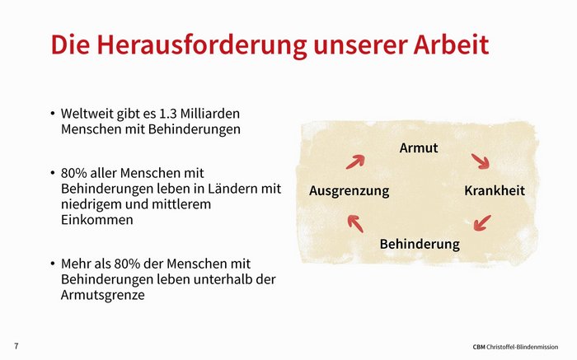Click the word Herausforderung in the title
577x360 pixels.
click(x=202, y=44)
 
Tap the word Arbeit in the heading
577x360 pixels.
click(x=451, y=44)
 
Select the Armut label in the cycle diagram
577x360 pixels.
click(x=419, y=147)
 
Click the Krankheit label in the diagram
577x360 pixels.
click(x=495, y=190)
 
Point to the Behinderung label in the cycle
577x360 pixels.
click(x=420, y=244)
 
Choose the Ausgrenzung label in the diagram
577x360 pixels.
click(x=349, y=191)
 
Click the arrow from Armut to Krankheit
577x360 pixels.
click(x=481, y=161)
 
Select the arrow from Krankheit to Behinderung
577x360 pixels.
click(x=482, y=223)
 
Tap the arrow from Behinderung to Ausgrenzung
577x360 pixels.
click(x=355, y=223)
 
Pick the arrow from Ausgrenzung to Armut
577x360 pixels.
click(x=355, y=161)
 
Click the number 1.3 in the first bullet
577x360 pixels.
click(x=166, y=114)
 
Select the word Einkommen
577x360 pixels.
click(x=96, y=220)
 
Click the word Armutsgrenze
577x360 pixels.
click(x=103, y=295)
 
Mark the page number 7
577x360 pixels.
click(x=16, y=346)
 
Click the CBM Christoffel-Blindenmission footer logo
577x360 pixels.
click(x=515, y=347)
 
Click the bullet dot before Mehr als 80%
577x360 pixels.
click(x=53, y=264)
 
